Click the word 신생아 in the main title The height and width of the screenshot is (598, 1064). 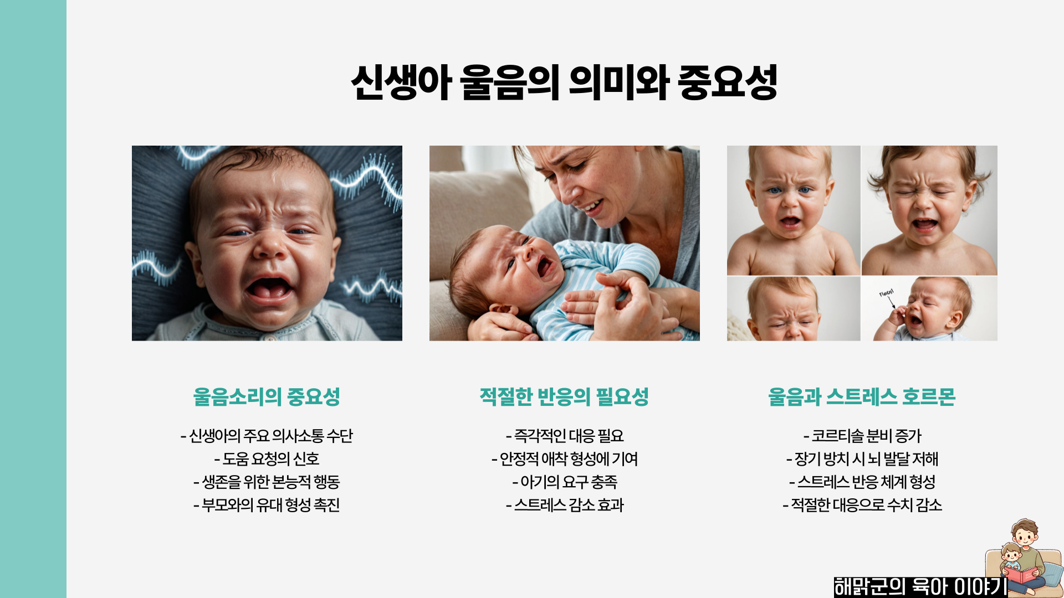click(401, 83)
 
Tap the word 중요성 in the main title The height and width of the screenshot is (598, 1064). click(727, 83)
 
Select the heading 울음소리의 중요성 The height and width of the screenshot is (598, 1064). click(267, 396)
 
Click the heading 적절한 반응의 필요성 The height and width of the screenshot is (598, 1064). click(564, 396)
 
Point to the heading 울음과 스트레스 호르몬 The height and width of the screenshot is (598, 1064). click(862, 396)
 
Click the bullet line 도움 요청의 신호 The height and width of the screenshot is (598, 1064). click(267, 459)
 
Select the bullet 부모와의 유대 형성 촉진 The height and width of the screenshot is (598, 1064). click(267, 505)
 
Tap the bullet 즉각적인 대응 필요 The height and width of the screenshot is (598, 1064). click(565, 436)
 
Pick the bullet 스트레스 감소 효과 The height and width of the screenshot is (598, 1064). click(565, 505)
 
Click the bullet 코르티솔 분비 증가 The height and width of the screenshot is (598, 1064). click(862, 436)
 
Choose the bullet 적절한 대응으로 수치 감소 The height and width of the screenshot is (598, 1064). click(862, 505)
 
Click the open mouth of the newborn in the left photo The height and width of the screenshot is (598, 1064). click(269, 288)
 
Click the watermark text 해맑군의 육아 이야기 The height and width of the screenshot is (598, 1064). click(920, 586)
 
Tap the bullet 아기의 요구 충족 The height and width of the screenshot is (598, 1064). click(565, 482)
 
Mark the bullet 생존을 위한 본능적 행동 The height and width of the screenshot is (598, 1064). click(267, 482)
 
